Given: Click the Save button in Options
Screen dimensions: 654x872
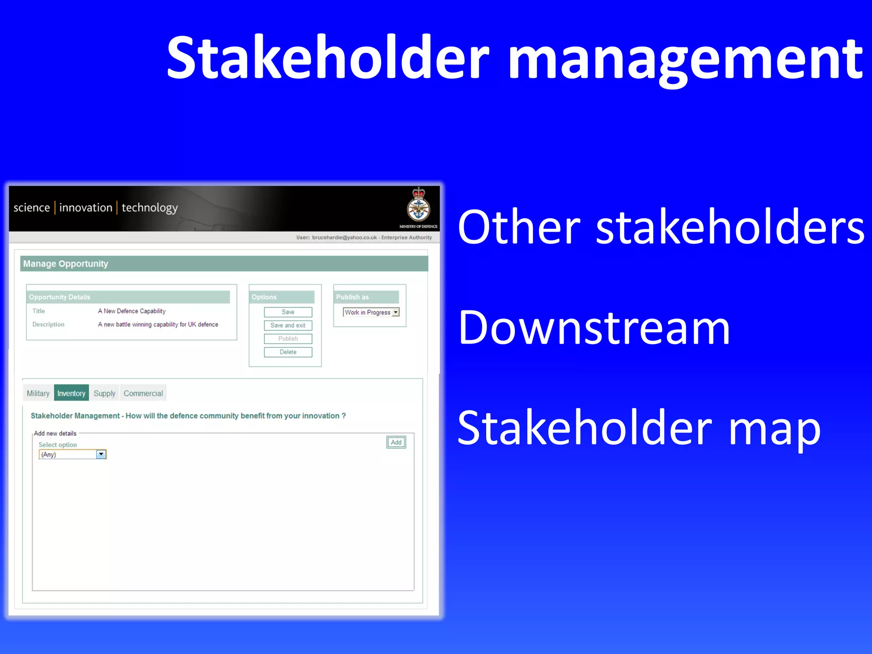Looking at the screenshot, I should click(x=288, y=312).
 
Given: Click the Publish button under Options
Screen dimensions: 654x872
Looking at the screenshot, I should click(x=288, y=338).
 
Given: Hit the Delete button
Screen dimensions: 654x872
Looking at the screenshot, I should click(x=288, y=352).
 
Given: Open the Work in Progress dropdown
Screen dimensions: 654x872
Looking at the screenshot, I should click(x=396, y=312).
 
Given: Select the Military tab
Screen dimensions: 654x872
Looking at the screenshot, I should click(x=38, y=393).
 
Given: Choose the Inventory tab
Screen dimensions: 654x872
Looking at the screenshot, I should click(x=71, y=393).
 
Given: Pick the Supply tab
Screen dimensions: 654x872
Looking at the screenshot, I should click(x=104, y=393).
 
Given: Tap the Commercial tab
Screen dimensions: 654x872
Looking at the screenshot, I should click(x=143, y=393).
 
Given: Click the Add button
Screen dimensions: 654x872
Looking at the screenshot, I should click(x=396, y=442).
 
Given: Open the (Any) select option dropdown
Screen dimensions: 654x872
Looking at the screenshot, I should click(x=101, y=454).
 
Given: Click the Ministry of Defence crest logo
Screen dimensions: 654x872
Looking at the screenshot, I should click(x=419, y=206).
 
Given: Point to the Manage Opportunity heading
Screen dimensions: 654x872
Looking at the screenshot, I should click(x=66, y=264).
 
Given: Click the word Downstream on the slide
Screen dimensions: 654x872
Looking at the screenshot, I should click(x=594, y=328).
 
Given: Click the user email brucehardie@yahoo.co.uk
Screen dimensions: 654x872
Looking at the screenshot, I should click(x=344, y=238).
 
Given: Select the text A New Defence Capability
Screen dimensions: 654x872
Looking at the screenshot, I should click(x=132, y=311).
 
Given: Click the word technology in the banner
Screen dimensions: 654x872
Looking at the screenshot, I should click(x=149, y=208).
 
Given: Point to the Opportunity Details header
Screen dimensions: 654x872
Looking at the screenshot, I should click(x=60, y=297).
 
